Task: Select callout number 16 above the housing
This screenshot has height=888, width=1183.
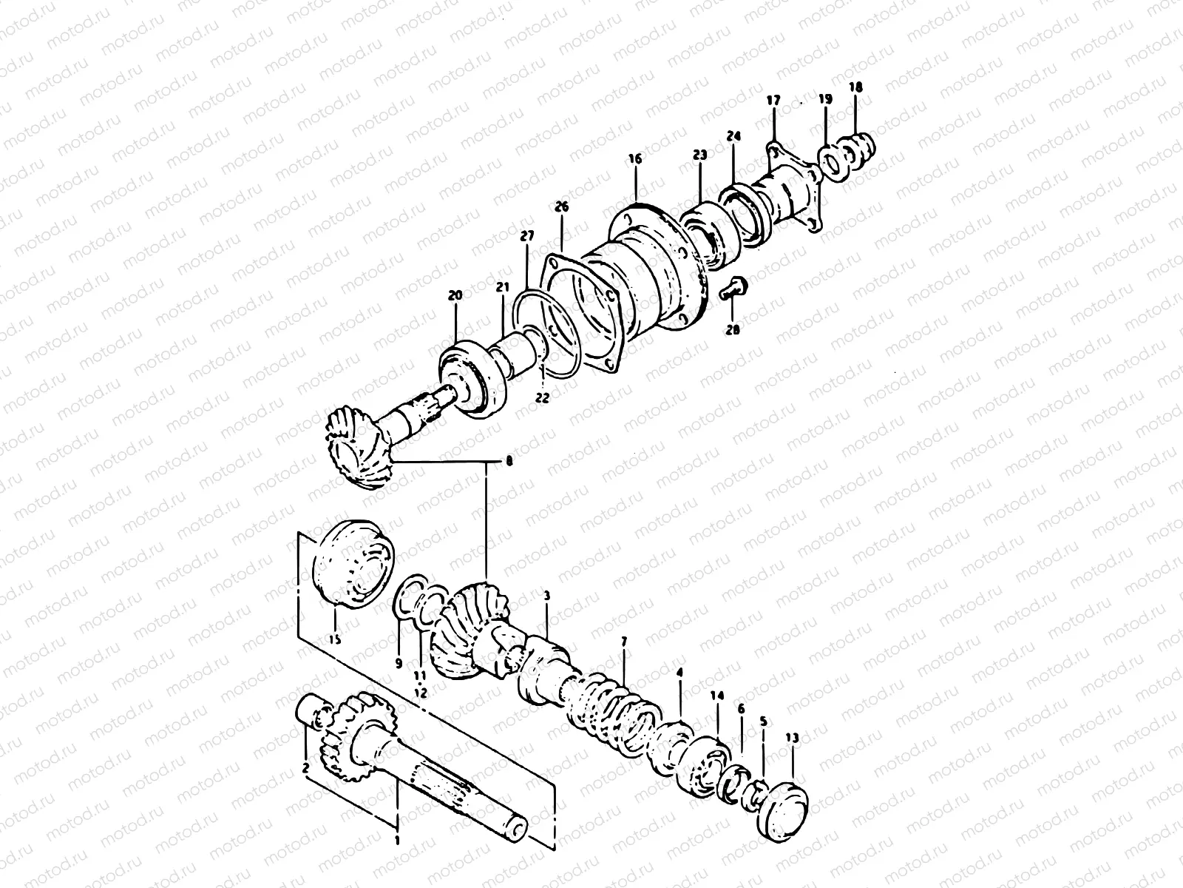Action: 636,158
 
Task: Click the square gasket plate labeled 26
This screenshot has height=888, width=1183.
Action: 577,310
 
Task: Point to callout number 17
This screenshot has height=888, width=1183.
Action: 773,99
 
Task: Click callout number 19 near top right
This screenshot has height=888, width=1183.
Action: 826,98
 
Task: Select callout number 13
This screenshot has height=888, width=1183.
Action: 792,738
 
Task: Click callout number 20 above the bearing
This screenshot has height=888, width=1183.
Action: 455,295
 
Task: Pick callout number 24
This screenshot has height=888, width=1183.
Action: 733,136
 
